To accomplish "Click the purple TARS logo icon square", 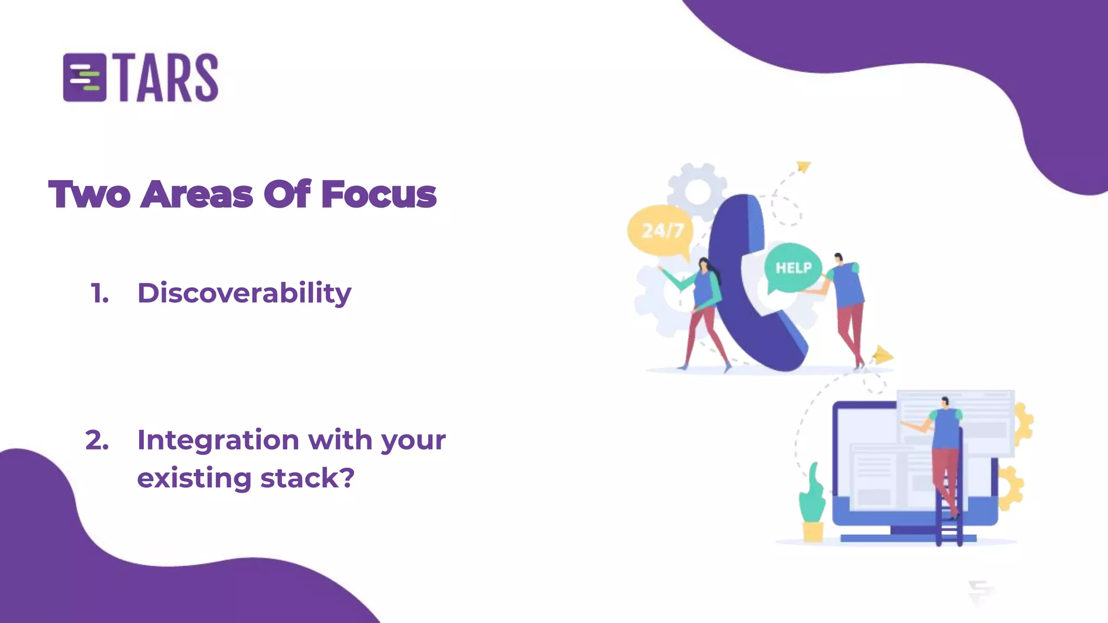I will click(84, 77).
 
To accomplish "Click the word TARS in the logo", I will click(168, 78).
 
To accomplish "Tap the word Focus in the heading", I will click(379, 195).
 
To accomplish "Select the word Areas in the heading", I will click(197, 195).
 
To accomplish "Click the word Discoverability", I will click(244, 294).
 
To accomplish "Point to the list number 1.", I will click(100, 294).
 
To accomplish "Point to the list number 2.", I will click(97, 440).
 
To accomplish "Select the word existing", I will click(194, 478).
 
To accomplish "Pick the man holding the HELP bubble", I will click(846, 308).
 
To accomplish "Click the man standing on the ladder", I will click(945, 449).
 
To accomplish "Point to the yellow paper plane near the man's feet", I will click(882, 355).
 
